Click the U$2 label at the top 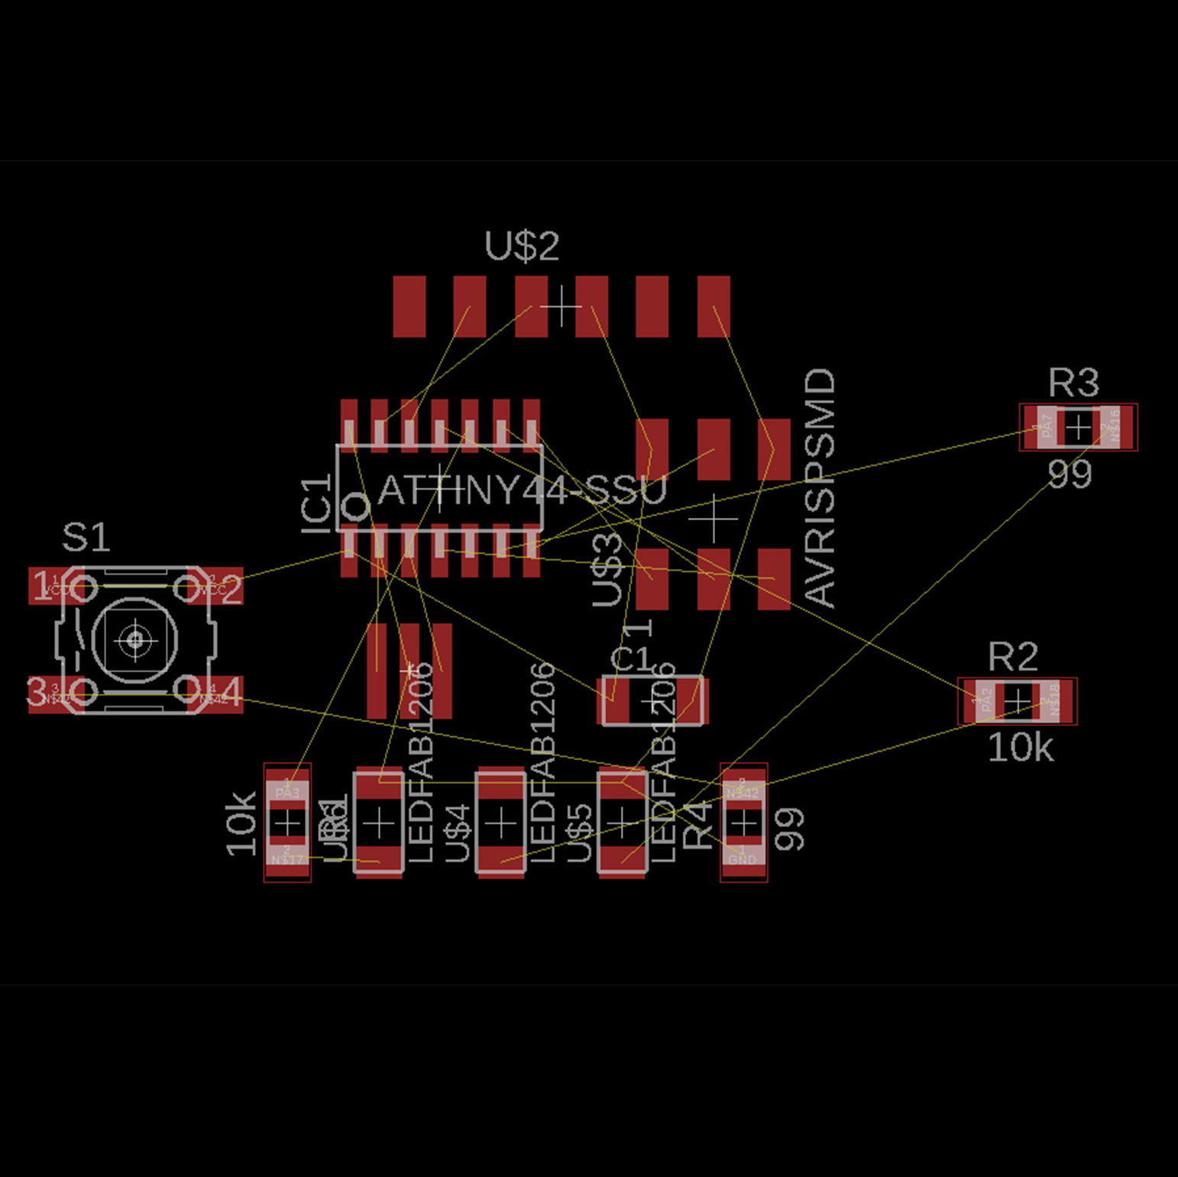point(522,246)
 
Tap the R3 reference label point(1073,383)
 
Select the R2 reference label point(1012,657)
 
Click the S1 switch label point(86,538)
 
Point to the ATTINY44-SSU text point(523,490)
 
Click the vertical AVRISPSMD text point(820,488)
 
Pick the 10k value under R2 point(1020,748)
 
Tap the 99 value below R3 point(1070,475)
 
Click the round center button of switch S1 point(135,639)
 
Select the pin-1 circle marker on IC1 point(354,506)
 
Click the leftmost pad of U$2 point(409,306)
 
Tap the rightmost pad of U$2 point(713,306)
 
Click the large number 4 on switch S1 point(231,692)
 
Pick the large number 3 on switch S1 point(37,692)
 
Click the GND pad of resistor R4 point(743,857)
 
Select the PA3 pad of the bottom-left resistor point(287,790)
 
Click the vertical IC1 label point(317,503)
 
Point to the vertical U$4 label point(457,833)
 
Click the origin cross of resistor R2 point(1017,700)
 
